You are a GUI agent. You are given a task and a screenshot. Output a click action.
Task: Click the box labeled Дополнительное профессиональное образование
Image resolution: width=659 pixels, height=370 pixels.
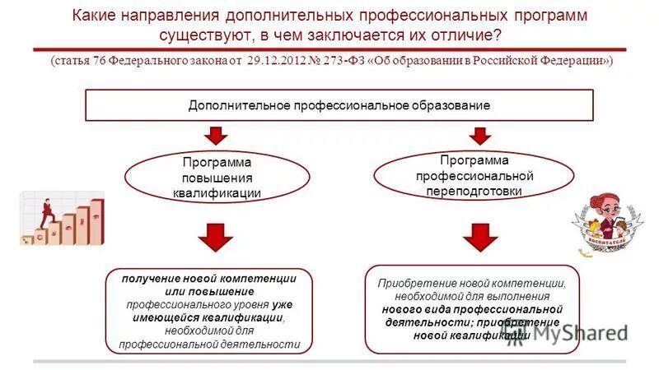(x=339, y=105)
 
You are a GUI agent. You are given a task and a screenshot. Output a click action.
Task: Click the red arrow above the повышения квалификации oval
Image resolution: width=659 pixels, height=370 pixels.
(x=217, y=135)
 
